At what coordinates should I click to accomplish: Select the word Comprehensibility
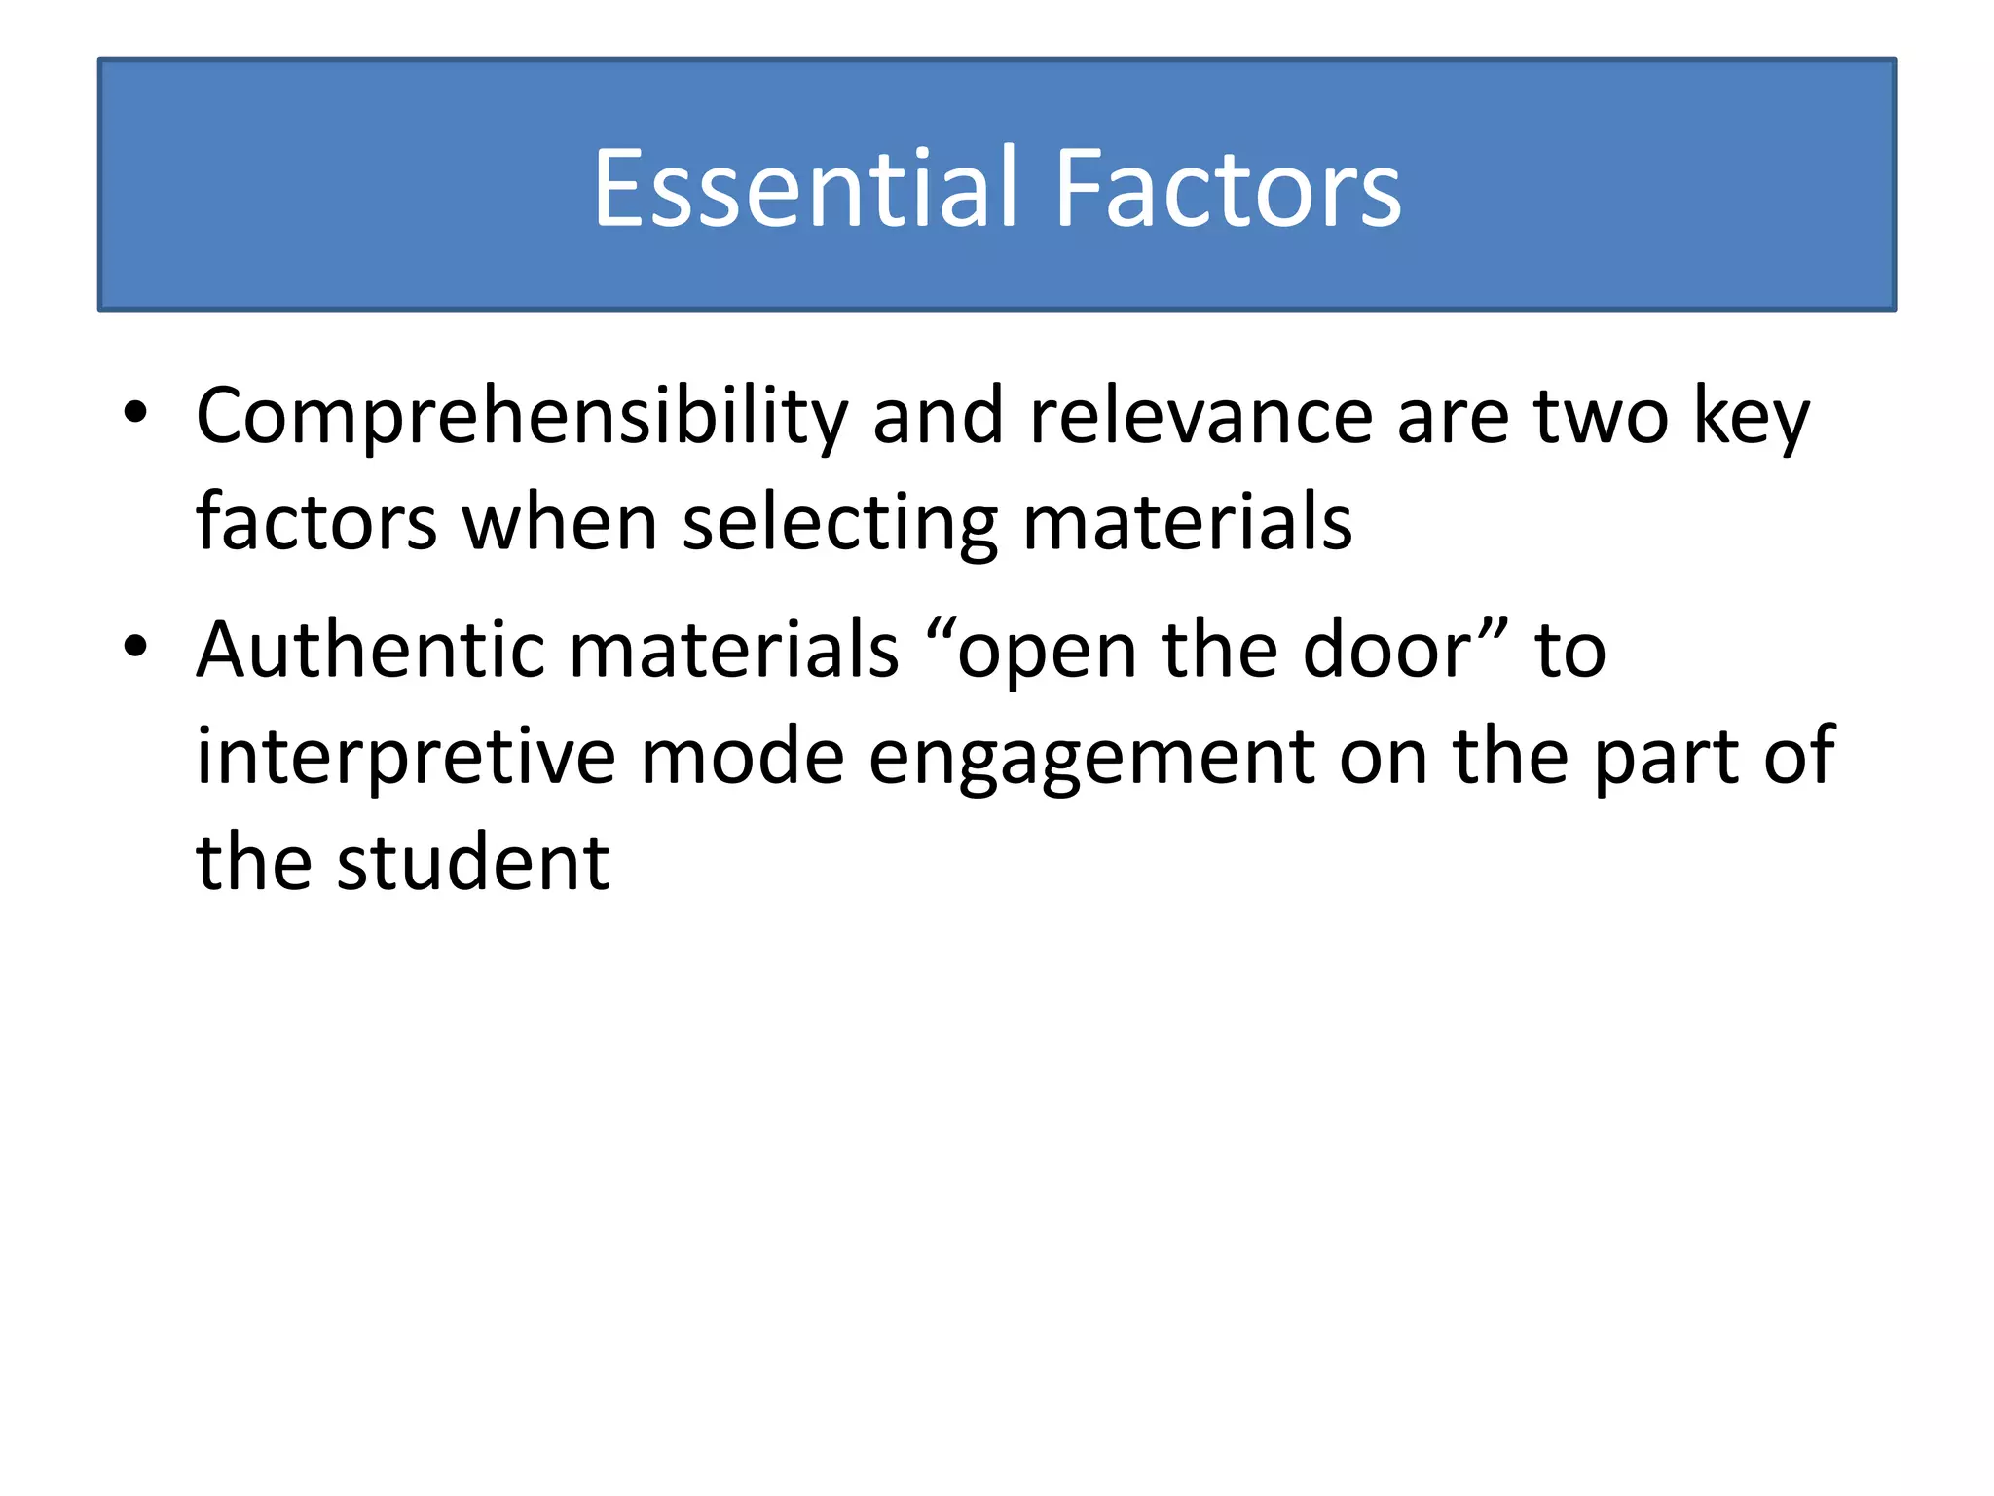(522, 417)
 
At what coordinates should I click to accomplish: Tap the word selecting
(840, 523)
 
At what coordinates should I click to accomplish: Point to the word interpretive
(406, 757)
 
